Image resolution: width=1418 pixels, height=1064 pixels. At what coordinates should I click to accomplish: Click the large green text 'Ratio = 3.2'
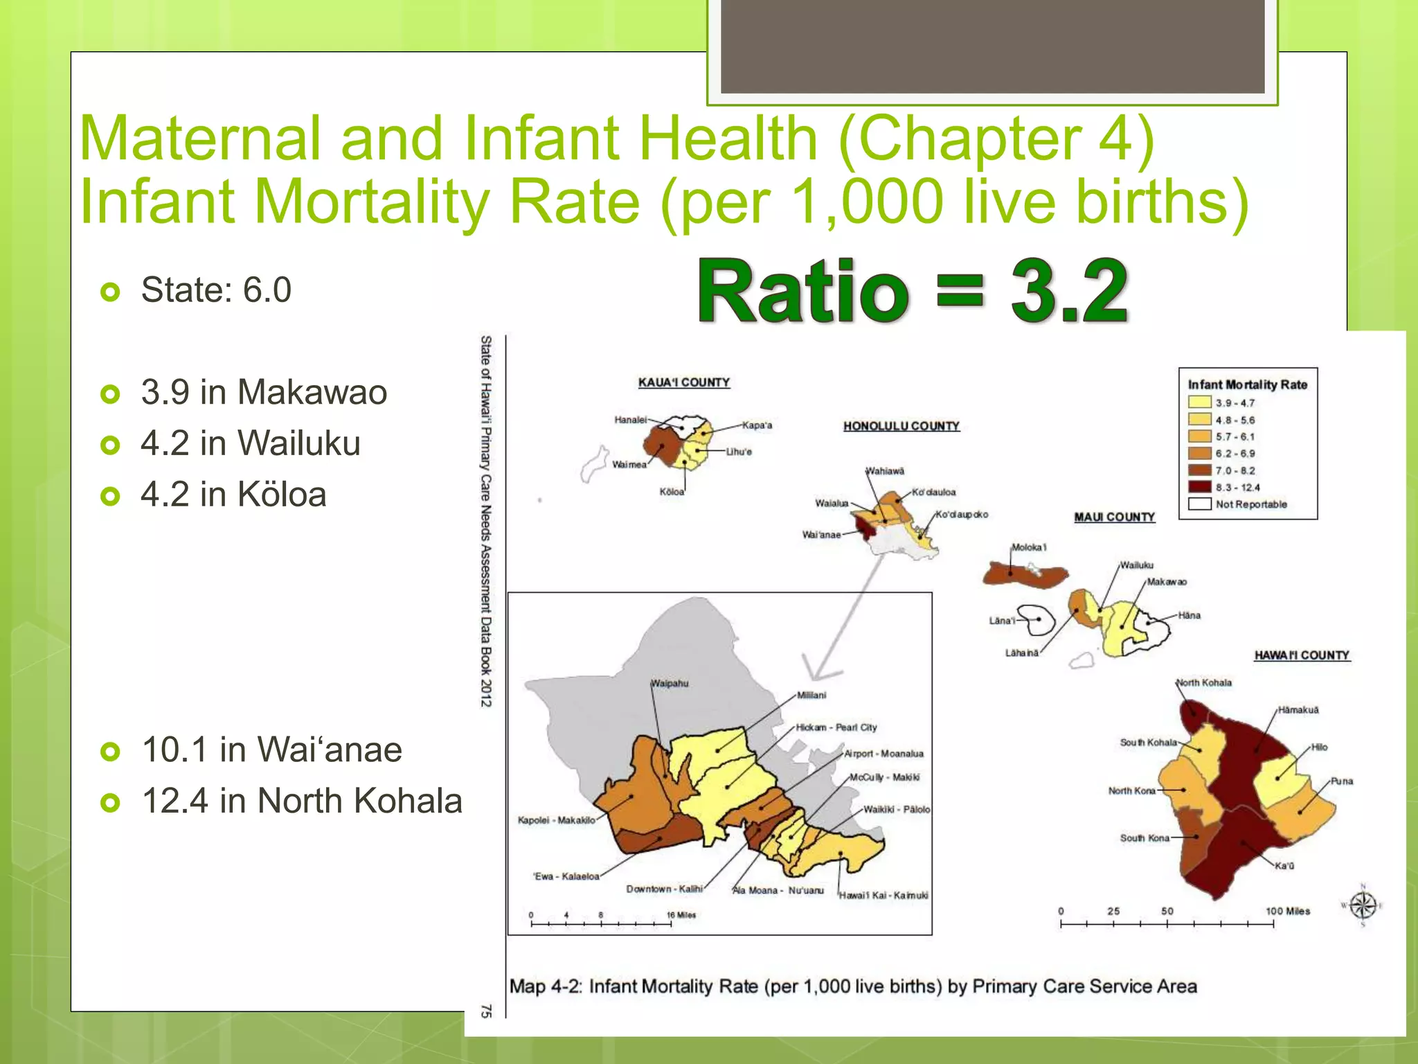pyautogui.click(x=913, y=291)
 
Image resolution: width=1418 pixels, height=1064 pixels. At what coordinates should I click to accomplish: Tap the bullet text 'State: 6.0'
pyautogui.click(x=216, y=290)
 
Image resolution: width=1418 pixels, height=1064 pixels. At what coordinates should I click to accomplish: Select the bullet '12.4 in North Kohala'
pyautogui.click(x=302, y=801)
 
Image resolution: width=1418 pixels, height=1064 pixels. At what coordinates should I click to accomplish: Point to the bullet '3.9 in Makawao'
pyautogui.click(x=264, y=392)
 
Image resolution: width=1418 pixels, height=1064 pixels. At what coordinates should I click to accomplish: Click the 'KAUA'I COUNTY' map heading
pyautogui.click(x=684, y=382)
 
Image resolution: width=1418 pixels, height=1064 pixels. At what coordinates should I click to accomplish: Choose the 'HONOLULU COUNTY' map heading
pyautogui.click(x=901, y=426)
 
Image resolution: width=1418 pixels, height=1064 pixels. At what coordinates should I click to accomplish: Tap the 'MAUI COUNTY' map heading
pyautogui.click(x=1114, y=517)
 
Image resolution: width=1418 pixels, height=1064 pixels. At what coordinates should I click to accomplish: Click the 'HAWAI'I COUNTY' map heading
pyautogui.click(x=1302, y=655)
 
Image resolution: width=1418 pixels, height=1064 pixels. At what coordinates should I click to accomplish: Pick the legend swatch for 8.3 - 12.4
pyautogui.click(x=1199, y=487)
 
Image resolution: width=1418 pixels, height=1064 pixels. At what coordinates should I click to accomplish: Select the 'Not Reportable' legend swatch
pyautogui.click(x=1199, y=504)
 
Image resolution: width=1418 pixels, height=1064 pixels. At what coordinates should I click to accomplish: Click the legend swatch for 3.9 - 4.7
pyautogui.click(x=1199, y=402)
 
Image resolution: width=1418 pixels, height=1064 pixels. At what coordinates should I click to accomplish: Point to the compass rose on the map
pyautogui.click(x=1363, y=905)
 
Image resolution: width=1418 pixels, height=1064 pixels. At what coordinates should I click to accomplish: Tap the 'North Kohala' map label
pyautogui.click(x=1205, y=682)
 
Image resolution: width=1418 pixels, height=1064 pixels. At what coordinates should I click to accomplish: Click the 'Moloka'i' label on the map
pyautogui.click(x=1029, y=547)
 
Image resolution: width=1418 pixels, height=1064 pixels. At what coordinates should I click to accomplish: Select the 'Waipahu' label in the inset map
pyautogui.click(x=670, y=683)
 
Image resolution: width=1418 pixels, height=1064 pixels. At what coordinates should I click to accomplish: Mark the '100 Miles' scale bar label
pyautogui.click(x=1288, y=911)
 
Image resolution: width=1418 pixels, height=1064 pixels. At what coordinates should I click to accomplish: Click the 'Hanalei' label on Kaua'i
pyautogui.click(x=630, y=420)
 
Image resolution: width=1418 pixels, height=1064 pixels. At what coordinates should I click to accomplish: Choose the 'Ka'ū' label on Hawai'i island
pyautogui.click(x=1284, y=866)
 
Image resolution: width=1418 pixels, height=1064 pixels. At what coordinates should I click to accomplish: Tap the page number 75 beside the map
pyautogui.click(x=486, y=1011)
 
